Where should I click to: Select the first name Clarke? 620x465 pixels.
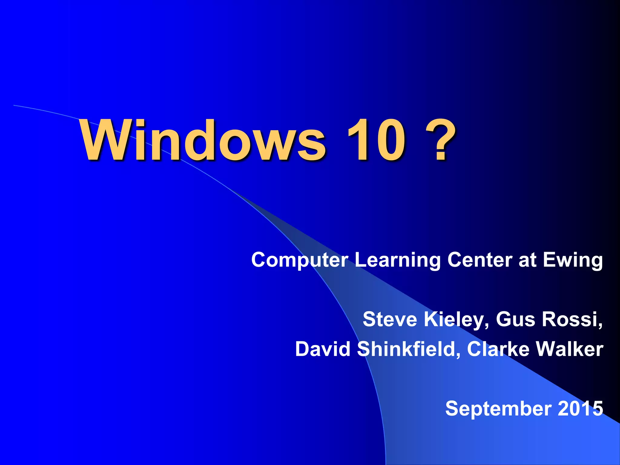tap(498, 349)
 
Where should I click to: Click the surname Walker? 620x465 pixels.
tap(569, 349)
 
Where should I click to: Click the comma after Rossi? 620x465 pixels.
tap(600, 325)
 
